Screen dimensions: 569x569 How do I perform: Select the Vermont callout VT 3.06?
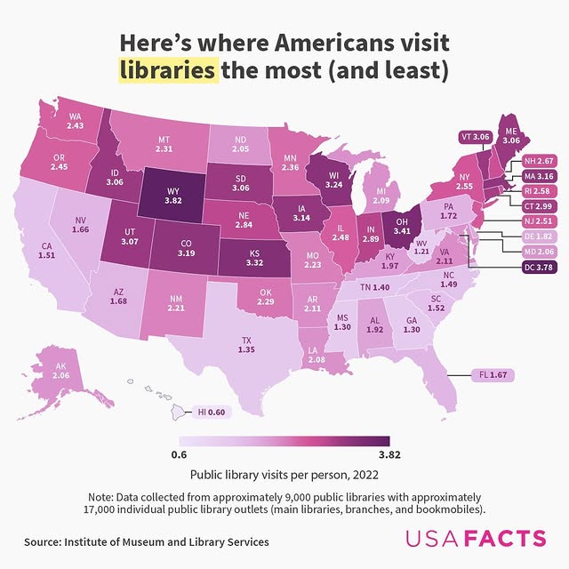point(474,137)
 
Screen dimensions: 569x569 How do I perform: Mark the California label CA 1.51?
point(47,251)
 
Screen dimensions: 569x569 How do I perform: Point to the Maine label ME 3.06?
point(511,134)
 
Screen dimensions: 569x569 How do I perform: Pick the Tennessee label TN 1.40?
point(376,288)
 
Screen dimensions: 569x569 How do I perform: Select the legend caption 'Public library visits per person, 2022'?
point(284,475)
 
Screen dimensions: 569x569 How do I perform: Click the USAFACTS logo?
point(476,539)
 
